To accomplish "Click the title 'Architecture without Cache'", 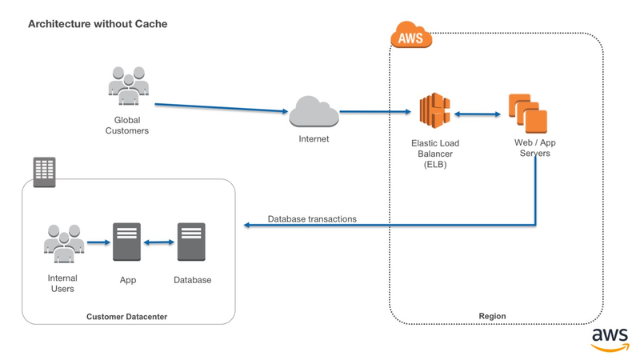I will [x=98, y=24].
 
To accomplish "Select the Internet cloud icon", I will [x=314, y=111].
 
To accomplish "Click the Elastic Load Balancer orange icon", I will [x=436, y=113].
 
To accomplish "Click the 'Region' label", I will [x=492, y=316].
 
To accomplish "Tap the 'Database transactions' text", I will [x=312, y=218].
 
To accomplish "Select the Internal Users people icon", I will [x=62, y=241].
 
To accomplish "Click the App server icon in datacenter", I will [x=127, y=242].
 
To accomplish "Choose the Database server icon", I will [x=192, y=242].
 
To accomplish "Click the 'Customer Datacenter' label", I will [x=127, y=318].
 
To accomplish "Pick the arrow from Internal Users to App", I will [x=98, y=242].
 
